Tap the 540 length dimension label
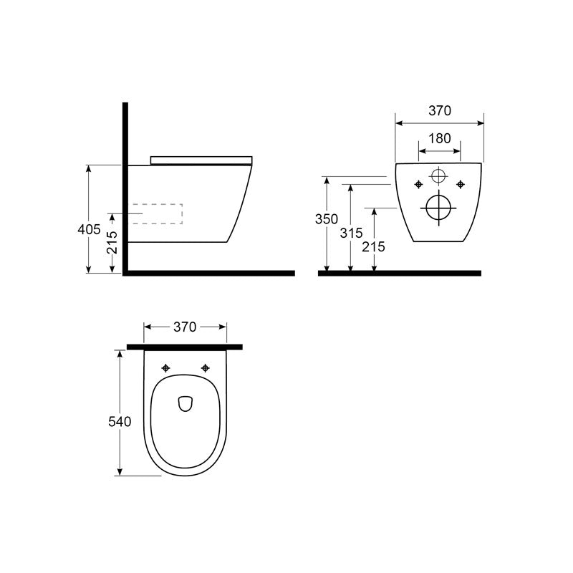[120, 422]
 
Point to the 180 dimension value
[439, 139]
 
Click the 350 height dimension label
[327, 219]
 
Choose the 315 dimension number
[350, 233]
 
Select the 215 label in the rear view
[374, 246]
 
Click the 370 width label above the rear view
[439, 111]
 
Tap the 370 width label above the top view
[185, 327]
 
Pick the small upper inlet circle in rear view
[438, 175]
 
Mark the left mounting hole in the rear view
[418, 185]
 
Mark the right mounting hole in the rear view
[459, 185]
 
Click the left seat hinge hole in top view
[167, 368]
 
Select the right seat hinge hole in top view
[206, 368]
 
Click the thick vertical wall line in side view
[125, 186]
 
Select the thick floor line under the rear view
[400, 273]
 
